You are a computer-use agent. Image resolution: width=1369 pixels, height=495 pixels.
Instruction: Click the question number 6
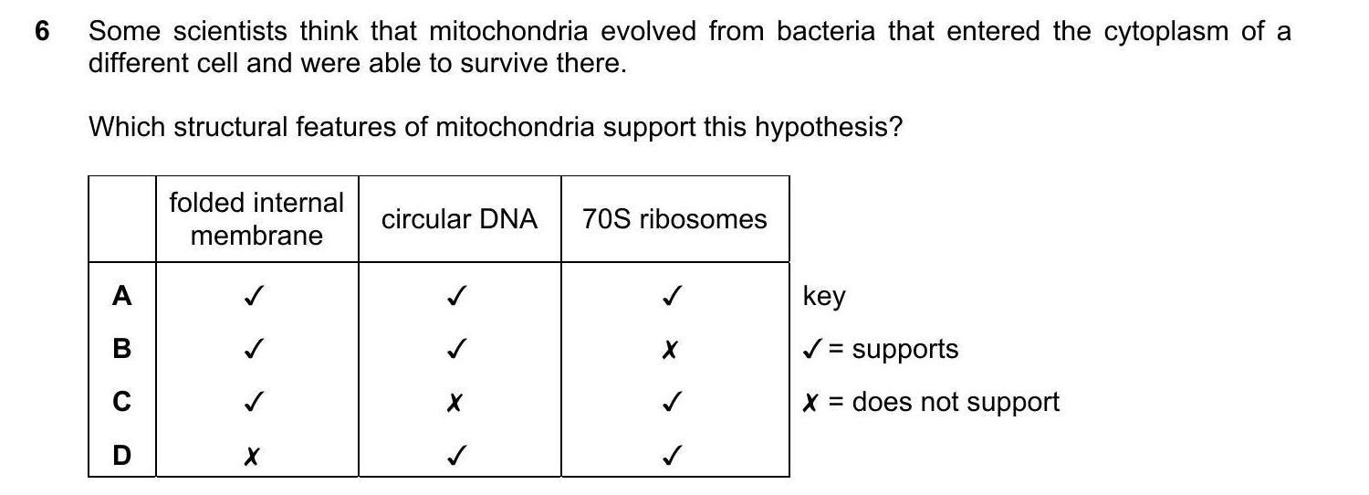[x=42, y=30]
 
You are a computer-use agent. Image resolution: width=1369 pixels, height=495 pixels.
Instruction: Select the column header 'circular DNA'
[x=459, y=219]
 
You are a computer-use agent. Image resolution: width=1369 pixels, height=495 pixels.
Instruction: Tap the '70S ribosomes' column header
[x=674, y=219]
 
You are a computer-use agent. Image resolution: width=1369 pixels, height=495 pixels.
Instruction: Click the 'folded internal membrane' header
[x=256, y=219]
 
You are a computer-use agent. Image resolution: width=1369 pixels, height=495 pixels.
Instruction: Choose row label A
[x=121, y=296]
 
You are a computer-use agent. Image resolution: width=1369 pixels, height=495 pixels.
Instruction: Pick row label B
[x=121, y=349]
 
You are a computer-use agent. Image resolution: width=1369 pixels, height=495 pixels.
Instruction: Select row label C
[x=121, y=402]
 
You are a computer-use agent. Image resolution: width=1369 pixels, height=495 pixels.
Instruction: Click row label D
[x=121, y=455]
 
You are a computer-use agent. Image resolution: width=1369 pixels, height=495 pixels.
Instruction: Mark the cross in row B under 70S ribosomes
[x=670, y=350]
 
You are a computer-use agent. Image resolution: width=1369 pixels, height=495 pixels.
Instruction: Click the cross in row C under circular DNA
[x=455, y=403]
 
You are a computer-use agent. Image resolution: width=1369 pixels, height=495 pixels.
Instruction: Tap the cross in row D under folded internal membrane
[x=251, y=456]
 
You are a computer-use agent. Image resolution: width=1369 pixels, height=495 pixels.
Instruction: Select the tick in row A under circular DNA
[x=456, y=296]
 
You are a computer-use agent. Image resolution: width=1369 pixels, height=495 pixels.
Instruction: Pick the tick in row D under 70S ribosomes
[x=672, y=455]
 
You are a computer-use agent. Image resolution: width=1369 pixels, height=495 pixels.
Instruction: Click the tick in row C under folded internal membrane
[x=254, y=402]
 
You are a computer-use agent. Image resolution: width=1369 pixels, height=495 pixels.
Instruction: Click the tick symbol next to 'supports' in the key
[x=812, y=350]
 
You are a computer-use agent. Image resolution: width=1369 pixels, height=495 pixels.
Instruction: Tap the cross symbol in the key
[x=810, y=403]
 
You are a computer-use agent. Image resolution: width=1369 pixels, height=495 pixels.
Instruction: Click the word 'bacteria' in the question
[x=826, y=30]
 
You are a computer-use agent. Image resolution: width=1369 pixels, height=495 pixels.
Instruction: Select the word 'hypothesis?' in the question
[x=828, y=128]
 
